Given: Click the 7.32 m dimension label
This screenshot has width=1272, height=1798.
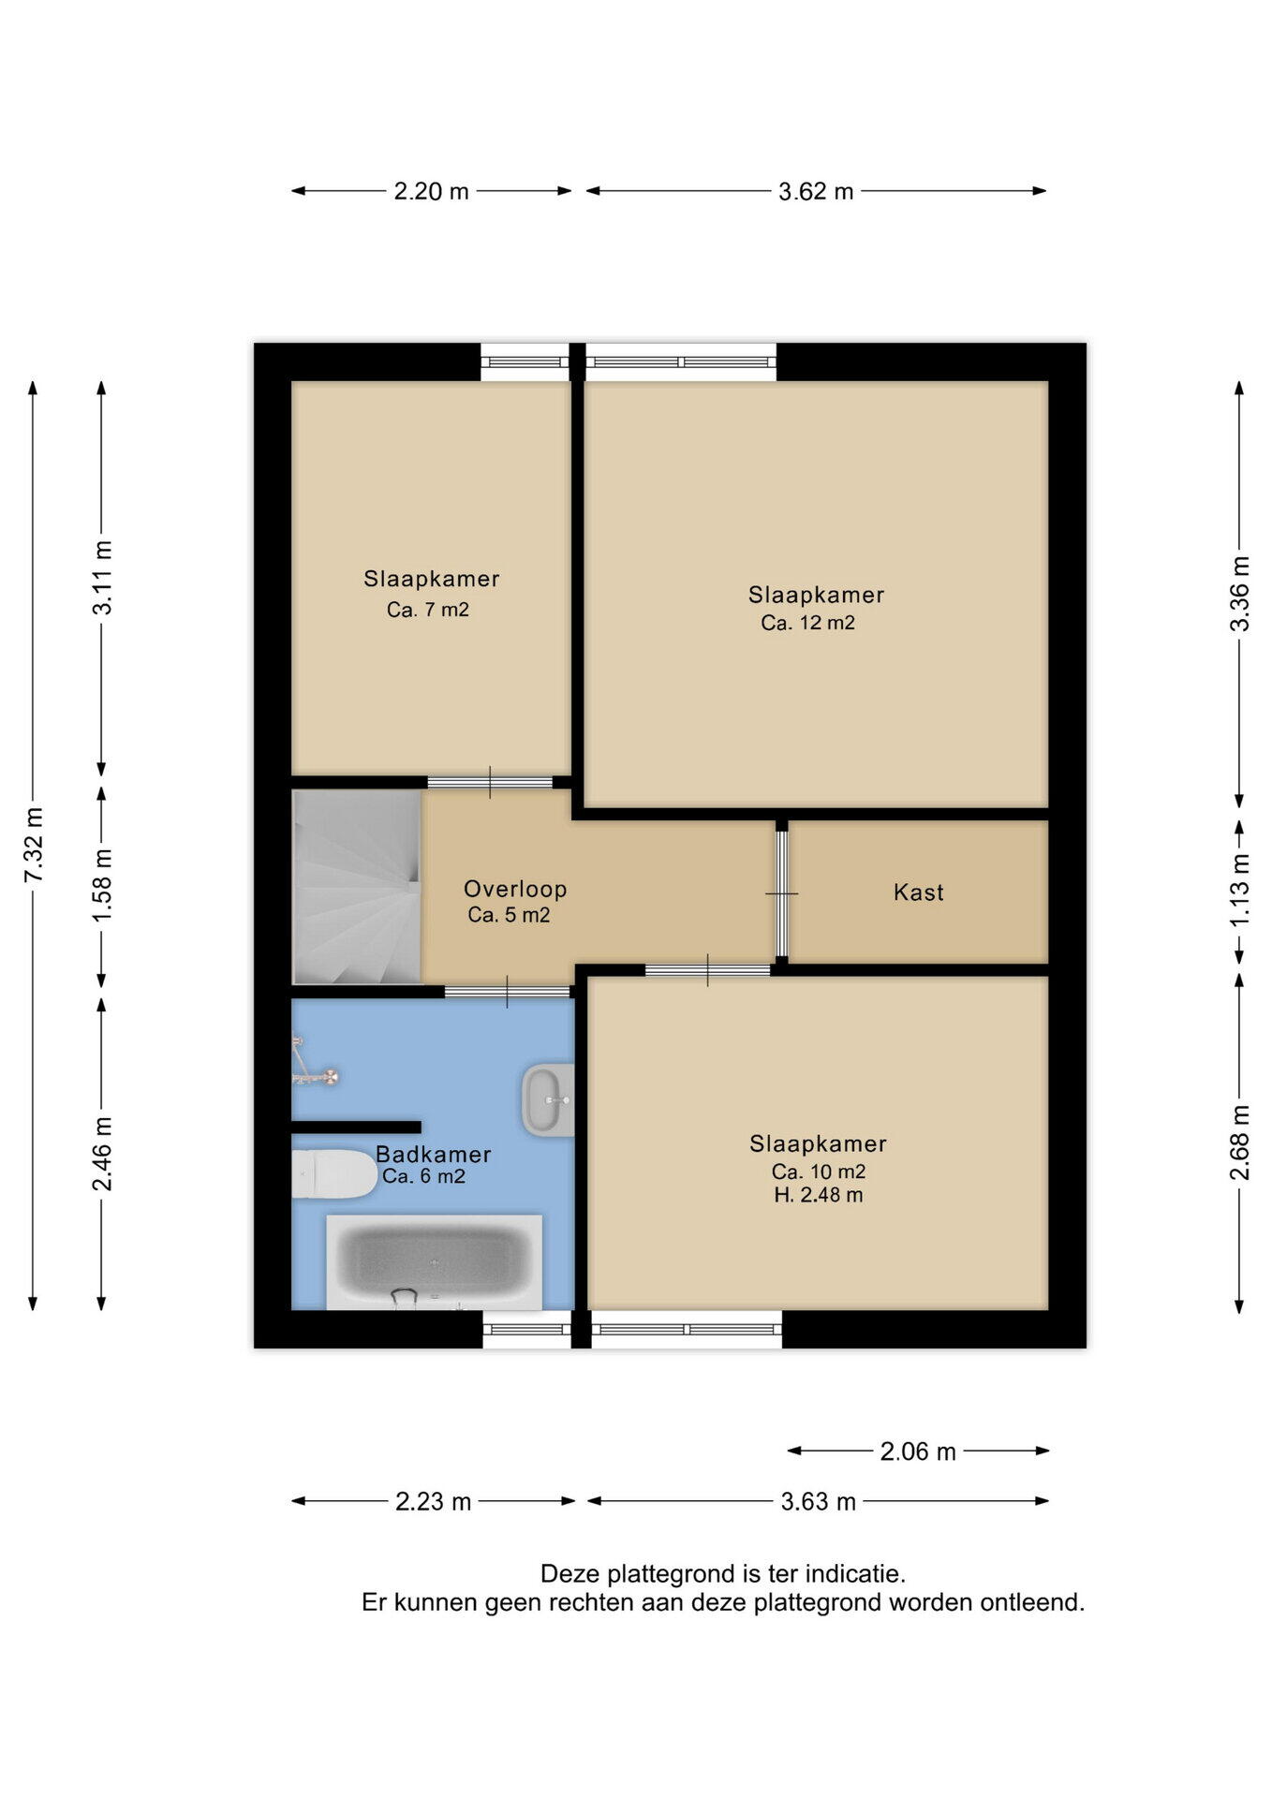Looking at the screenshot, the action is (33, 844).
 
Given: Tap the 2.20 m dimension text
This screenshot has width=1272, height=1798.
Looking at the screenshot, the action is (431, 191).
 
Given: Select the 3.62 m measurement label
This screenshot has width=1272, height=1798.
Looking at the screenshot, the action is (816, 191).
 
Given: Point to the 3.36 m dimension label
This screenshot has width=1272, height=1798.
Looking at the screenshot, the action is (1239, 594).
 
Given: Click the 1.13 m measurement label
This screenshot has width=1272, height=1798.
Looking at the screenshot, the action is (1239, 890).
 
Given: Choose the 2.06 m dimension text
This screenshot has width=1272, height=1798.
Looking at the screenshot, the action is (918, 1452).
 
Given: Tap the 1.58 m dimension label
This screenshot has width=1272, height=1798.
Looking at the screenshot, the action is (102, 885).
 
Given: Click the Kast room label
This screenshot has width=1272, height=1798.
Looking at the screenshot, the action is (919, 892).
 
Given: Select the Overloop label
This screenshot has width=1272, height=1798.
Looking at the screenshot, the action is (515, 889).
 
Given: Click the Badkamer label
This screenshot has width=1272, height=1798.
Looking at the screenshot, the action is (434, 1155).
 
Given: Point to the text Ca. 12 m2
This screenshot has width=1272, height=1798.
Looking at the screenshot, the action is (807, 623).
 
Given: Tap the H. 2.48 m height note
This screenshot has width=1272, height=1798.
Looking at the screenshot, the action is (819, 1195).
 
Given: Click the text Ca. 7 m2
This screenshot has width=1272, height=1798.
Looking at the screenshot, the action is (428, 610).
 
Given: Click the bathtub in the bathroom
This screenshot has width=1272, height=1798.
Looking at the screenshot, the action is (434, 1262).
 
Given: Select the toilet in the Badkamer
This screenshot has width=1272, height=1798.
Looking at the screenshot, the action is (333, 1174).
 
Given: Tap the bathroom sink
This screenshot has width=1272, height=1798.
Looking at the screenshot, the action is (548, 1100).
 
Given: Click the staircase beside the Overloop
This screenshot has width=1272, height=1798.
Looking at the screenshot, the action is (356, 887).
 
